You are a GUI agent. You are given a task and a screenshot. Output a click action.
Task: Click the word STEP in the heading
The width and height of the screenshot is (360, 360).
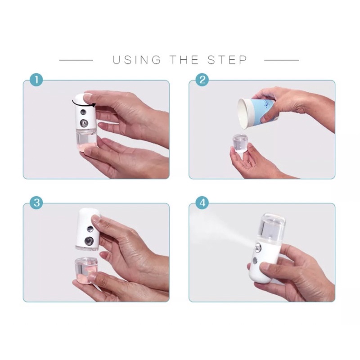pos(227,60)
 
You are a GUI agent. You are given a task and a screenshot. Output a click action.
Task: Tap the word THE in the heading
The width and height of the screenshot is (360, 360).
pos(184,60)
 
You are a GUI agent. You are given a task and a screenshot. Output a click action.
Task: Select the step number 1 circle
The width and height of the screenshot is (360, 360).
pos(36,80)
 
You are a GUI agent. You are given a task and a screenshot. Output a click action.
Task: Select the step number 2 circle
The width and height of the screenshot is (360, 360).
pos(202,80)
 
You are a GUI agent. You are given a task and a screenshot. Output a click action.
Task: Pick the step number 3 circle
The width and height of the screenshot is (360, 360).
pos(36,203)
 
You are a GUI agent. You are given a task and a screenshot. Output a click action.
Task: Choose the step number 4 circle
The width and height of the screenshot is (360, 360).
pos(202,203)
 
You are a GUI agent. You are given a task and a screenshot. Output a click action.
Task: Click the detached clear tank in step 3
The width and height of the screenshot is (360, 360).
pos(85,269)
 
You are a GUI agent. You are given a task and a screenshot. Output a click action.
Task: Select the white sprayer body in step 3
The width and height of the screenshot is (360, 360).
pos(88,229)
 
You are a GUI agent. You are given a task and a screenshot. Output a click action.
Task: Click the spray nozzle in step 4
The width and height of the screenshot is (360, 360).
pos(258,247)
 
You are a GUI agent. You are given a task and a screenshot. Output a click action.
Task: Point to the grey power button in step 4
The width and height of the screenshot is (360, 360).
pos(255,261)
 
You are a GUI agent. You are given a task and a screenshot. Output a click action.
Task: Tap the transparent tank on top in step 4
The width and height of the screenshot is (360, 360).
pos(273,228)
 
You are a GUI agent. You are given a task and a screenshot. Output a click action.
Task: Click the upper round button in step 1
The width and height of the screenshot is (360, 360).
pos(83,112)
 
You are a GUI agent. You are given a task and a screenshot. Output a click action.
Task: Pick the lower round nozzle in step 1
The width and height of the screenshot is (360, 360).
pos(84,123)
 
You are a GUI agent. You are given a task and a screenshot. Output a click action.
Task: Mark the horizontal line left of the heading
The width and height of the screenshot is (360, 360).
pos(76,60)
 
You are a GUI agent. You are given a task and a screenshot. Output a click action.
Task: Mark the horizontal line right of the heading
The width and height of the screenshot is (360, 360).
pos(282,60)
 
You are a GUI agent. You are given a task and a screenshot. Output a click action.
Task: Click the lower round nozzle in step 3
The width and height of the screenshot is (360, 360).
pos(89,241)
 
